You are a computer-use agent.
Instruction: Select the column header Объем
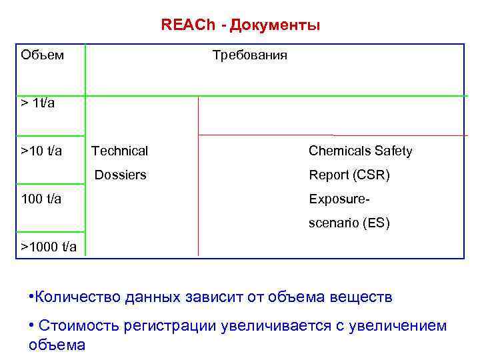pyautogui.click(x=43, y=55)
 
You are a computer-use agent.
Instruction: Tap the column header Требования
pyautogui.click(x=249, y=55)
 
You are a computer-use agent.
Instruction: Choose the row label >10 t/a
pyautogui.click(x=41, y=151)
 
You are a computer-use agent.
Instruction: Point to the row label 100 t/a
pyautogui.click(x=41, y=198)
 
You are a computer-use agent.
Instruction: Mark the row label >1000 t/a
pyautogui.click(x=49, y=247)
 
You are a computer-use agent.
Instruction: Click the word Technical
pyautogui.click(x=120, y=151)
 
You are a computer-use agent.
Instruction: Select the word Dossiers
pyautogui.click(x=120, y=175)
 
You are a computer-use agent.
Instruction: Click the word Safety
pyautogui.click(x=393, y=151)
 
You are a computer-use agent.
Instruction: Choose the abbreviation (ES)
pyautogui.click(x=375, y=223)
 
